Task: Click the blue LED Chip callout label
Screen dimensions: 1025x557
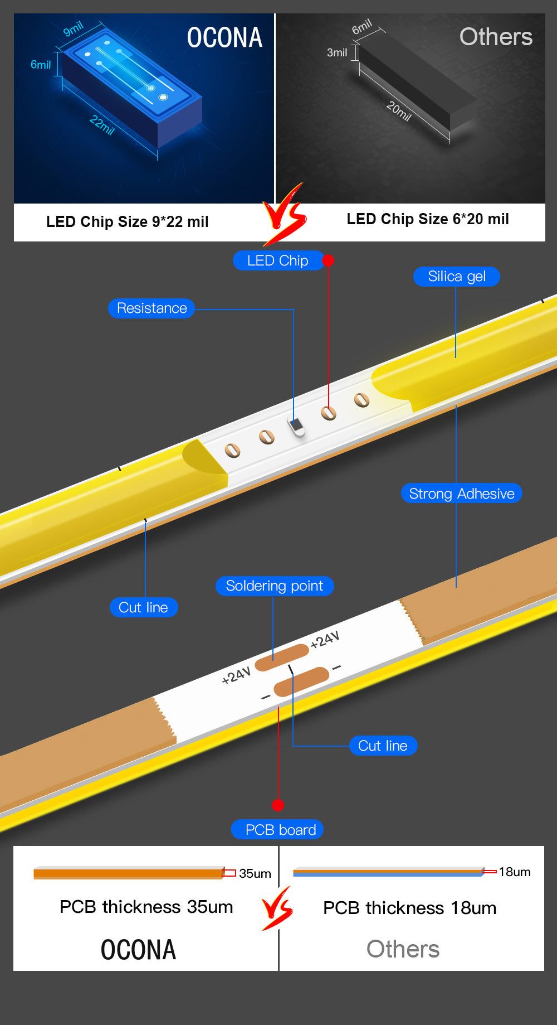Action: point(277,260)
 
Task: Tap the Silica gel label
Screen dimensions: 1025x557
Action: point(456,277)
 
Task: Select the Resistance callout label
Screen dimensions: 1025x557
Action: point(152,308)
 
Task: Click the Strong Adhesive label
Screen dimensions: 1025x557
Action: point(461,494)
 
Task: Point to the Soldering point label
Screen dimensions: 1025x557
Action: point(274,586)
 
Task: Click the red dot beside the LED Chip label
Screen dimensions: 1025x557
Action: point(328,260)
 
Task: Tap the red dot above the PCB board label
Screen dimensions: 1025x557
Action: point(278,805)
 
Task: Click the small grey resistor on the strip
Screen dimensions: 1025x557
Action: point(297,427)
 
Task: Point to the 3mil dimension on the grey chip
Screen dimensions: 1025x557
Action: point(337,53)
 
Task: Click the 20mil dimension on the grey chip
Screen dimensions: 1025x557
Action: point(399,111)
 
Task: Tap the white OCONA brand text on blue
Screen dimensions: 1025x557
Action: point(224,38)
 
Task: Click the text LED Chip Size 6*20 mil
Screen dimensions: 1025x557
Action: point(427,219)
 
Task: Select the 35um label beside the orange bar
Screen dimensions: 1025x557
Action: point(255,873)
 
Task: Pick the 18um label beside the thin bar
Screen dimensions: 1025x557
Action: point(514,872)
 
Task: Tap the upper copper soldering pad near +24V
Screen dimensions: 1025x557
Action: point(282,657)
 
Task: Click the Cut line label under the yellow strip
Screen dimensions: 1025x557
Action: point(144,607)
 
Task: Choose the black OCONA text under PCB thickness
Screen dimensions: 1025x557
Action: point(138,950)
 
